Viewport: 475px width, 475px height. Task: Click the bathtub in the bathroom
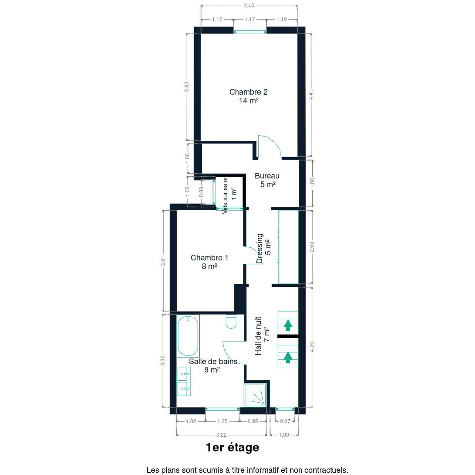click(188, 336)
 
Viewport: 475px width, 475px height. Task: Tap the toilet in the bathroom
click(231, 321)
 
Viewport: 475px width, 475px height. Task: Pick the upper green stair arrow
click(288, 325)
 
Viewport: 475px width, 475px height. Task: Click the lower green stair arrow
click(287, 357)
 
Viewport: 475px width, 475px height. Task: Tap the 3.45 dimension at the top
click(249, 5)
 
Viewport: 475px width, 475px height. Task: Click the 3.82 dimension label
click(187, 87)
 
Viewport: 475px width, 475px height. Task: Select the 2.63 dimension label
click(312, 247)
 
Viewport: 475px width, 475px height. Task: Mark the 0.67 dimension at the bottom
click(285, 421)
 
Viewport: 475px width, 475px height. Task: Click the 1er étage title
click(233, 447)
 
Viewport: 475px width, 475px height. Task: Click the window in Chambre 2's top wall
click(250, 32)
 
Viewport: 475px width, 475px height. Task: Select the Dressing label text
click(260, 248)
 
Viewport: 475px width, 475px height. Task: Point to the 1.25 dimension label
click(222, 421)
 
